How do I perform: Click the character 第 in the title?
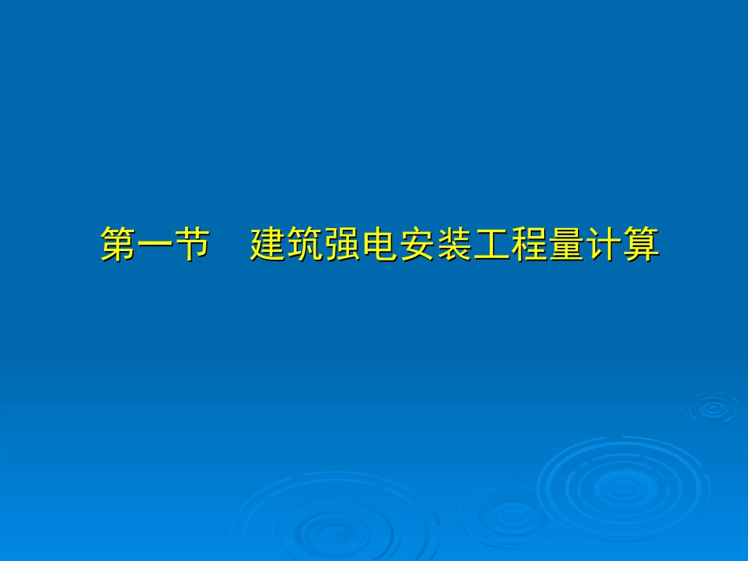119,245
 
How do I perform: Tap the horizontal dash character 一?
156,245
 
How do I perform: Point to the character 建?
268,245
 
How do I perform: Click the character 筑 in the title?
305,245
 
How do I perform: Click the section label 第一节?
156,245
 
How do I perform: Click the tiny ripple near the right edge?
713,408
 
